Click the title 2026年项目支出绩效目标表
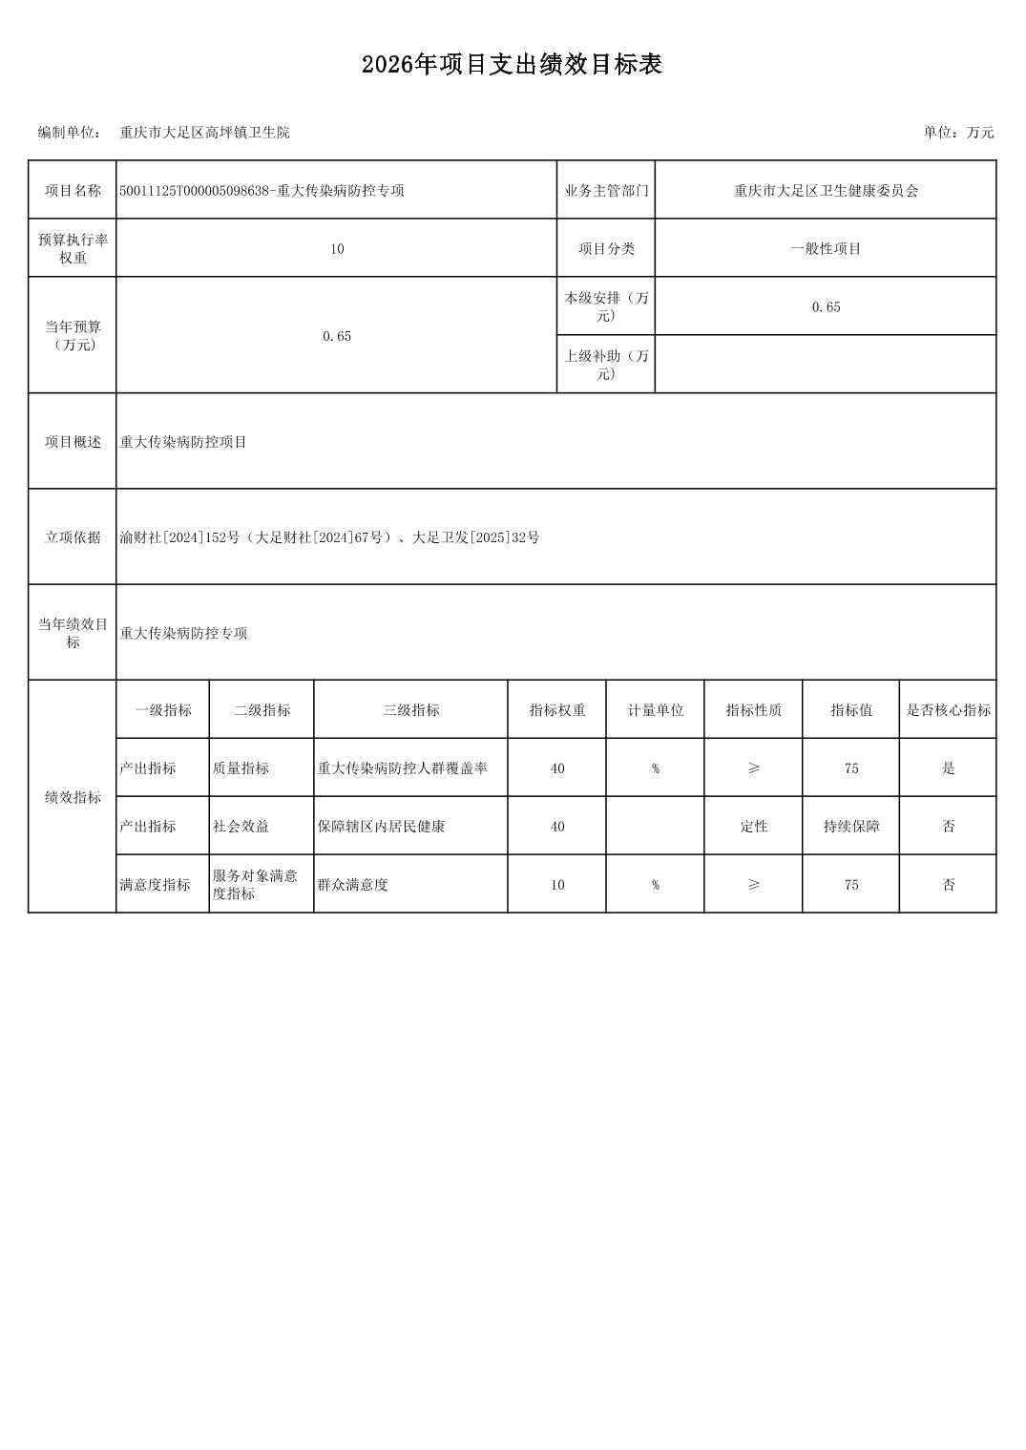coord(512,65)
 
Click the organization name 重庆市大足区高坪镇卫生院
coord(204,133)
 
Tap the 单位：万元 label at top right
coord(957,133)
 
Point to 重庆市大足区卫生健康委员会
coord(826,191)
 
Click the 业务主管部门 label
coord(606,191)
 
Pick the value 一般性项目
coord(826,249)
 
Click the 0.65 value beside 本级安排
coord(826,307)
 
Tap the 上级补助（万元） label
coord(606,365)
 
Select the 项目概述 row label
coord(73,442)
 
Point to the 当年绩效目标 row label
coord(73,633)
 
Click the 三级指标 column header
coord(410,710)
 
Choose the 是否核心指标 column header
coord(948,710)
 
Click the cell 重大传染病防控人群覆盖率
coord(402,768)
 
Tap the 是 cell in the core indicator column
coord(948,768)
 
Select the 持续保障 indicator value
coord(851,827)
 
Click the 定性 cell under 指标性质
coord(753,827)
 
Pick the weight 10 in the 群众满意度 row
coord(557,885)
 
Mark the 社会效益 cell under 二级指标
coord(241,827)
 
